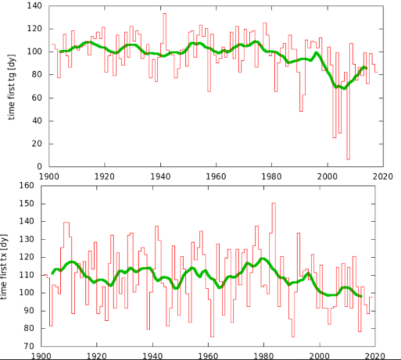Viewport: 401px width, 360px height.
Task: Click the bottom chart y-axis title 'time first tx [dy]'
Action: (x=5, y=266)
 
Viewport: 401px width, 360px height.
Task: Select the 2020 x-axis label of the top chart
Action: (x=383, y=176)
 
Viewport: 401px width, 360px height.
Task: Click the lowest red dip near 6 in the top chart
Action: (x=348, y=159)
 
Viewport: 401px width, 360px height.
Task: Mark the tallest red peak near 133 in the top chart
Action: (x=164, y=14)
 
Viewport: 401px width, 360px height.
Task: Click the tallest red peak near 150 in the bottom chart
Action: (x=273, y=203)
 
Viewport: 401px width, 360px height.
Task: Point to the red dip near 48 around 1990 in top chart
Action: (x=301, y=110)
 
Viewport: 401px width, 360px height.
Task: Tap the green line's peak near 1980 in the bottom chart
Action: (x=263, y=259)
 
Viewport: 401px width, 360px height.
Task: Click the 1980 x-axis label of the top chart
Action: (x=272, y=176)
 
